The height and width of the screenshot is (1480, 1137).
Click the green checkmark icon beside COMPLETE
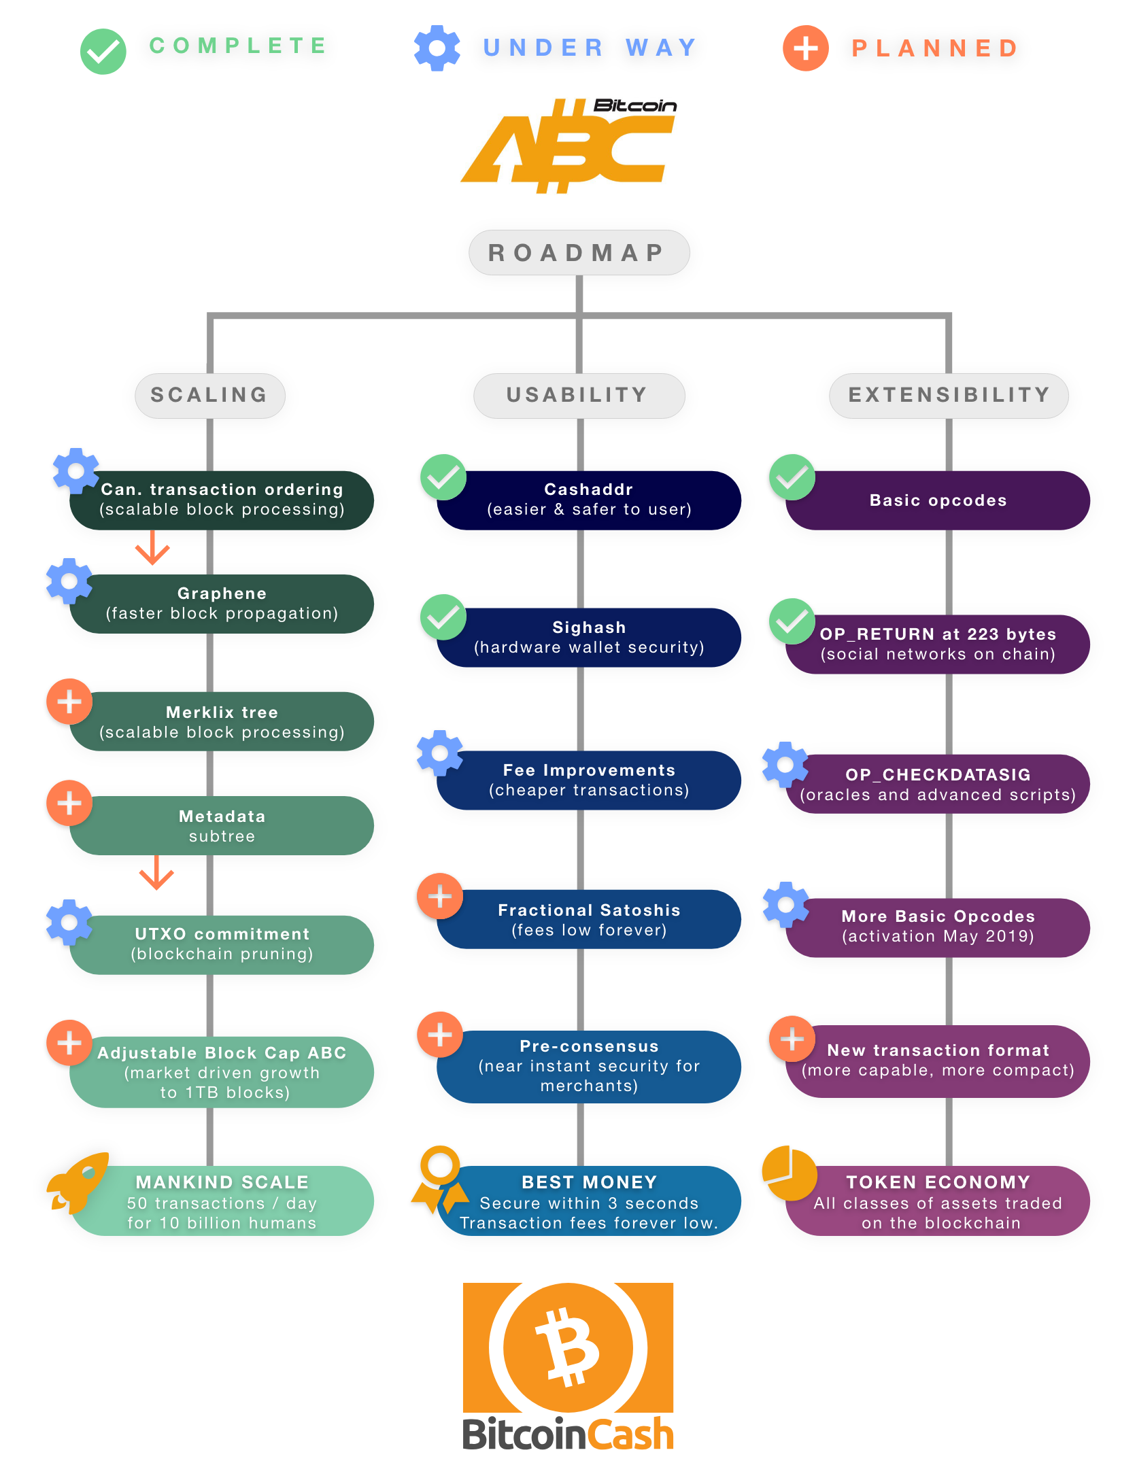point(103,52)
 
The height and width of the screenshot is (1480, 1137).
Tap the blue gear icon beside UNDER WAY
point(437,48)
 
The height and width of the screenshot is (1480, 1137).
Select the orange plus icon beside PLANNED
point(806,48)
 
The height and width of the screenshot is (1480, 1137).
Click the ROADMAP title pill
point(579,252)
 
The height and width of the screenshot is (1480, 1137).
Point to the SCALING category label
point(210,395)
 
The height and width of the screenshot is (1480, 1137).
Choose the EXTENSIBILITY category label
point(949,395)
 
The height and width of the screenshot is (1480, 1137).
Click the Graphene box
point(222,604)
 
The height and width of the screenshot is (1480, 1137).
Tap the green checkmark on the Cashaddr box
point(443,477)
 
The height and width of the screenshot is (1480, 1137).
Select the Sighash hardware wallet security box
point(589,637)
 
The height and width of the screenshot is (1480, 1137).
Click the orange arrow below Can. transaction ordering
point(152,547)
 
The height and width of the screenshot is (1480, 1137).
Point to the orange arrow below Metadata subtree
point(156,872)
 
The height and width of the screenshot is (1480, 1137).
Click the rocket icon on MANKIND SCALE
point(78,1183)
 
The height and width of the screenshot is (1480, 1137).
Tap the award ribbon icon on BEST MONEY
point(440,1180)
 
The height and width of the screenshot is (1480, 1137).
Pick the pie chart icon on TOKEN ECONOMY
point(790,1173)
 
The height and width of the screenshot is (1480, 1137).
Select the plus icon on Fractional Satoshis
point(440,896)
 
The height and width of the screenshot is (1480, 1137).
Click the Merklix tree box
point(222,721)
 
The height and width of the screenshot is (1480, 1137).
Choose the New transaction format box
point(938,1061)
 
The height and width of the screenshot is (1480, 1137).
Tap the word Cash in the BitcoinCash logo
point(630,1434)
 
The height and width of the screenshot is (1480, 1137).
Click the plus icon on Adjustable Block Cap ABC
point(69,1043)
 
